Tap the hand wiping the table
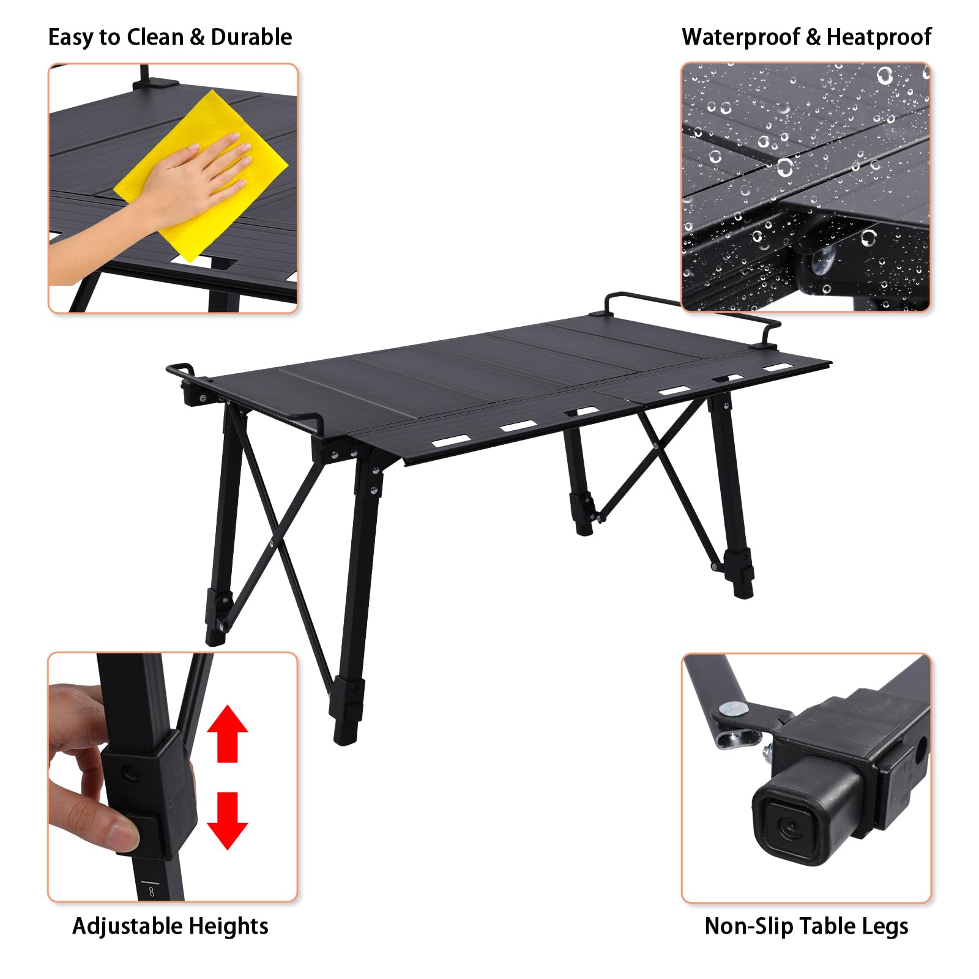click(x=184, y=184)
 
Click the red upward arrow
click(x=228, y=734)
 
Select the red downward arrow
click(x=228, y=821)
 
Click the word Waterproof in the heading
click(x=740, y=37)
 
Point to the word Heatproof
click(x=879, y=37)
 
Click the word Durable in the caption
click(x=251, y=37)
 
